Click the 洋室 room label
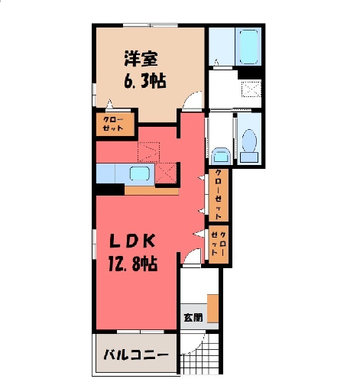[x=141, y=59]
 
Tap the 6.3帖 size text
[x=145, y=81]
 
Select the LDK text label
[x=132, y=241]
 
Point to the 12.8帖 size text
[x=133, y=264]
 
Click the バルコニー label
[x=136, y=354]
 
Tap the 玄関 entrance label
[x=193, y=317]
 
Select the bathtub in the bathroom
[x=248, y=47]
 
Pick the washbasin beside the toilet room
[x=221, y=156]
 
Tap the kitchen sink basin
[x=139, y=173]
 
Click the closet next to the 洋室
[x=115, y=124]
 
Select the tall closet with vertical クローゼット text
[x=219, y=195]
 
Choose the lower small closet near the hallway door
[x=219, y=244]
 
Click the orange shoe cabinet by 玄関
[x=212, y=309]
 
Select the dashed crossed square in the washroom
[x=251, y=89]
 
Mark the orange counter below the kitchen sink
[x=151, y=191]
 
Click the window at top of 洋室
[x=151, y=25]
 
